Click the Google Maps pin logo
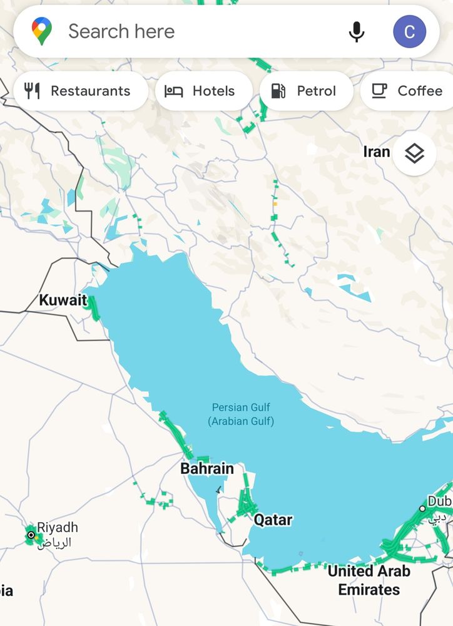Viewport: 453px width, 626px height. click(x=42, y=31)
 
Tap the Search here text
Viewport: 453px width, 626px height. click(x=121, y=31)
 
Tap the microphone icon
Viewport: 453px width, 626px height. click(x=357, y=31)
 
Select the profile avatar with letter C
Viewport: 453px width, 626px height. click(x=410, y=31)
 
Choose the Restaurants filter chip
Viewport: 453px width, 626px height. click(x=80, y=91)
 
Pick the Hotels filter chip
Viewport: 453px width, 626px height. click(x=203, y=91)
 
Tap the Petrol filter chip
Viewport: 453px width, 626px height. click(x=306, y=91)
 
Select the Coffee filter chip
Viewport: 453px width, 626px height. click(x=407, y=91)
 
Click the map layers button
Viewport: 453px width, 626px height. click(x=414, y=153)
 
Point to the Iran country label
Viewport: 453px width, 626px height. click(x=377, y=152)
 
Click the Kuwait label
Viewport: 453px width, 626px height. click(x=63, y=300)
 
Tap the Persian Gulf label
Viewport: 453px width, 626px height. click(x=241, y=414)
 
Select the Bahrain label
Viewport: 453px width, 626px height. click(x=207, y=468)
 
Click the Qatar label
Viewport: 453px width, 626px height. click(x=273, y=520)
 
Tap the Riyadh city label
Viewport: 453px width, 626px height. click(x=58, y=528)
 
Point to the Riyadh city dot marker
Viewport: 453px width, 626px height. click(x=31, y=535)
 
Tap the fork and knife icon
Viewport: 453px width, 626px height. click(x=33, y=91)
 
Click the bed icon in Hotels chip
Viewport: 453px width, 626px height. click(x=173, y=91)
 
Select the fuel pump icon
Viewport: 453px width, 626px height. click(x=278, y=91)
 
